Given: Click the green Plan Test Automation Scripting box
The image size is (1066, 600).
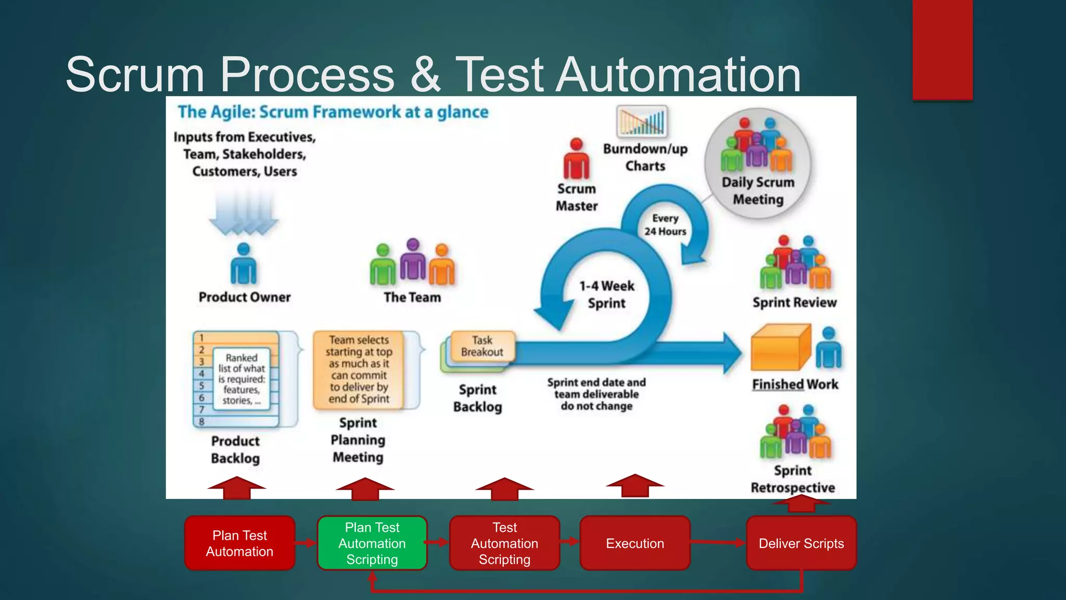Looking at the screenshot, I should point(372,543).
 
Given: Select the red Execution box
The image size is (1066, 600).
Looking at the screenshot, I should point(634,543).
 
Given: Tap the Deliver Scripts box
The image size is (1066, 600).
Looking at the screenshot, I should point(801,543).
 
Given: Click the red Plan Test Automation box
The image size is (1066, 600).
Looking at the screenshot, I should point(239,543).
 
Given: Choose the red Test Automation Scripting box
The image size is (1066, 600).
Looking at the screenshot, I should point(504,543).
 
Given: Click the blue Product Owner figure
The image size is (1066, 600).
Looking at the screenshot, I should point(244,264).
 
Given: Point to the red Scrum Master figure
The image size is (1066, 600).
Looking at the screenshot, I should point(576,159).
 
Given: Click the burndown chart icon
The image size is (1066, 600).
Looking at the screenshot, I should point(642,121).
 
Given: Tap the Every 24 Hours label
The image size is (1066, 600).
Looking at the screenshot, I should point(665,225).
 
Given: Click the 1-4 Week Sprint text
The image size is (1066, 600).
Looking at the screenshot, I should point(607,294).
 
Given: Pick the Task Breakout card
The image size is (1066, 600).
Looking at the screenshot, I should point(483,346).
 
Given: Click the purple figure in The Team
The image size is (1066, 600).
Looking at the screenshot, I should point(413,260).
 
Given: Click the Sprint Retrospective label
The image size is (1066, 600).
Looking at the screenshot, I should point(793,479).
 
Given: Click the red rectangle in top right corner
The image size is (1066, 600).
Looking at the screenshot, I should point(942,49).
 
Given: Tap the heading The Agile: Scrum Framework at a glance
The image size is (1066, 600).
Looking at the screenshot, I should point(333,112).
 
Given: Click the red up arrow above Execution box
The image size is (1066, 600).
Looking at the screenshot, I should point(635,485).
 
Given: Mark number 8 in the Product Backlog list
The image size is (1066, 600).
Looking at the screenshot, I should point(202,421).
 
